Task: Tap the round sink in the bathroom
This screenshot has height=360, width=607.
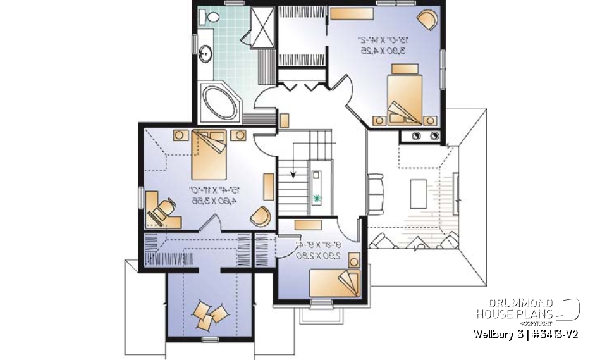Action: (x=206, y=54)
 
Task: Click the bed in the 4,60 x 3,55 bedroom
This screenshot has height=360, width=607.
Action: (x=209, y=154)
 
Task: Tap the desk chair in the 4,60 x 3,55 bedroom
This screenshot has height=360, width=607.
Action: (x=166, y=207)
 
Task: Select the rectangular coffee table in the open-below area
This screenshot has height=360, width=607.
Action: (x=417, y=190)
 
